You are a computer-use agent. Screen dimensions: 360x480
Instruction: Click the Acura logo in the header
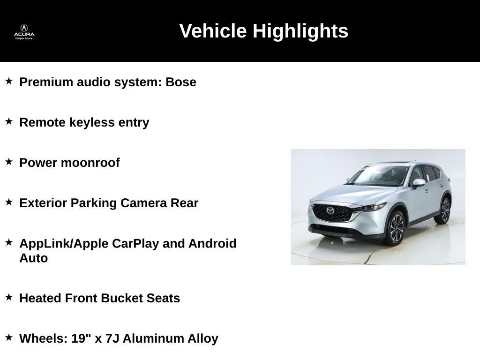(24, 31)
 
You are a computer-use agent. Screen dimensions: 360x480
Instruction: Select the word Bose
(181, 82)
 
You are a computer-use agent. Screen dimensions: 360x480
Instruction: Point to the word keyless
(92, 122)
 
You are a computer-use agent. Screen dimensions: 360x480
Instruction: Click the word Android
(212, 244)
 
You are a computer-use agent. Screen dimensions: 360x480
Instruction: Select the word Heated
(40, 298)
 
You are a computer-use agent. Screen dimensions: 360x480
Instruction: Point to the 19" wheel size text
(82, 338)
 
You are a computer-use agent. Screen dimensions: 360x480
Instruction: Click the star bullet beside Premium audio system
(9, 81)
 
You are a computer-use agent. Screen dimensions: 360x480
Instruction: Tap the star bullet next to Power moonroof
(9, 162)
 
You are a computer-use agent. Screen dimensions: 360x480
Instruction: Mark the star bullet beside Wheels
(9, 337)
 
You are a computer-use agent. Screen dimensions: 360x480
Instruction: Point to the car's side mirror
(419, 182)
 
